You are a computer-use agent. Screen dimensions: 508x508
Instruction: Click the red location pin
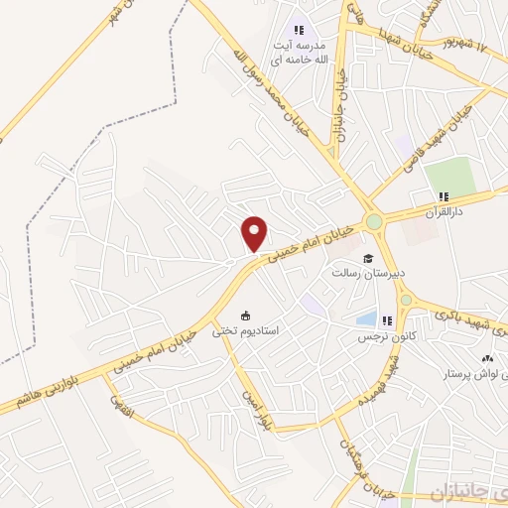(x=255, y=233)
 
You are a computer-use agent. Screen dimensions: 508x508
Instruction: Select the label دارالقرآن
(x=444, y=212)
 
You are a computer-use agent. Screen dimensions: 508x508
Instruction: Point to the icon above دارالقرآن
(x=444, y=195)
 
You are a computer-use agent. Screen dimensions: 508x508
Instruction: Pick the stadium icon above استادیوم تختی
(x=245, y=317)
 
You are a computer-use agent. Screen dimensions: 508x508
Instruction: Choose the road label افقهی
(x=117, y=406)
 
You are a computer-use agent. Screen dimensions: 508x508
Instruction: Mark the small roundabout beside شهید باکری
(x=405, y=298)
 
